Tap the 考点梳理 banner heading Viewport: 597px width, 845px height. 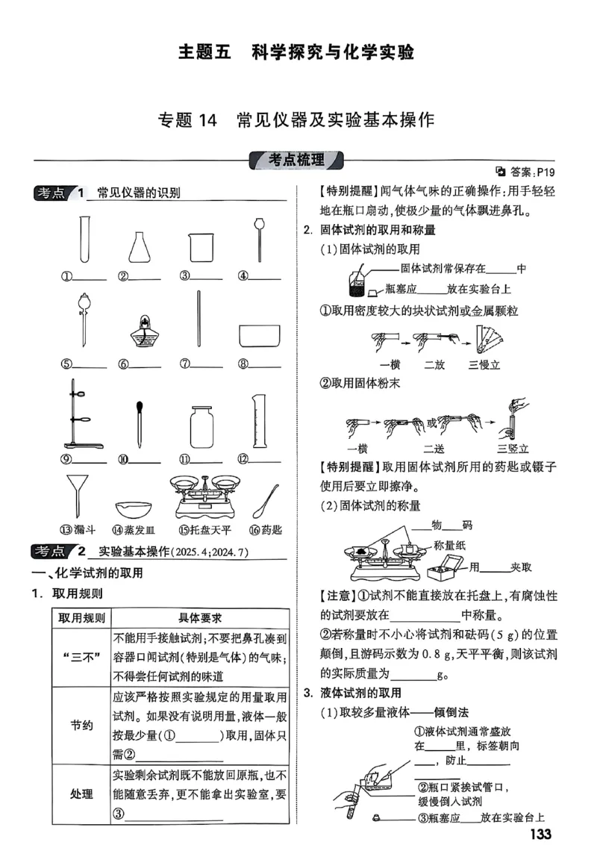click(297, 160)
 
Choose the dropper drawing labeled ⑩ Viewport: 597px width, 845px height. click(140, 423)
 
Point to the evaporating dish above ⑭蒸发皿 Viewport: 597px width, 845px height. click(140, 510)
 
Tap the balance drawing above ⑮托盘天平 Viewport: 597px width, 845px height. click(204, 496)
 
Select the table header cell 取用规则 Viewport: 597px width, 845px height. click(81, 618)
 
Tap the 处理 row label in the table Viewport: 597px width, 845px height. click(81, 793)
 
